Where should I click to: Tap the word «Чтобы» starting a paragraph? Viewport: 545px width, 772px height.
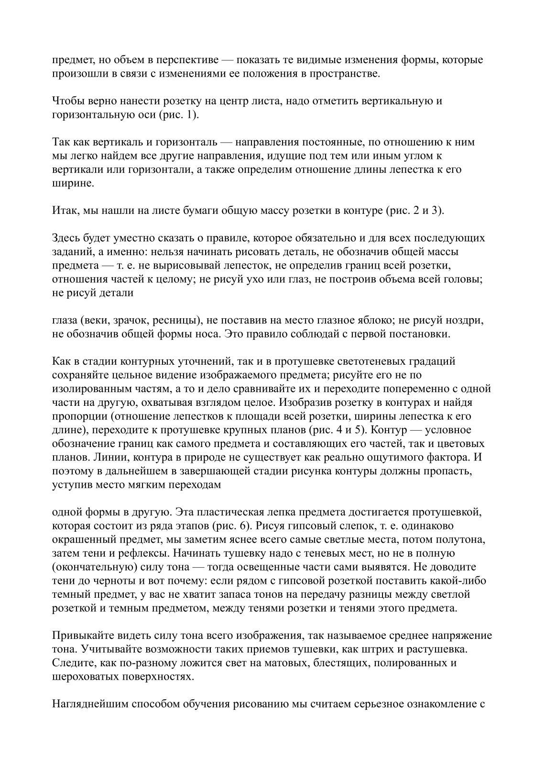point(66,101)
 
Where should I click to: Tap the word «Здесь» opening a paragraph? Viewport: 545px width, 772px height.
point(66,238)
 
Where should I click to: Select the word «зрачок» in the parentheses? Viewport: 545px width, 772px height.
point(123,321)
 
